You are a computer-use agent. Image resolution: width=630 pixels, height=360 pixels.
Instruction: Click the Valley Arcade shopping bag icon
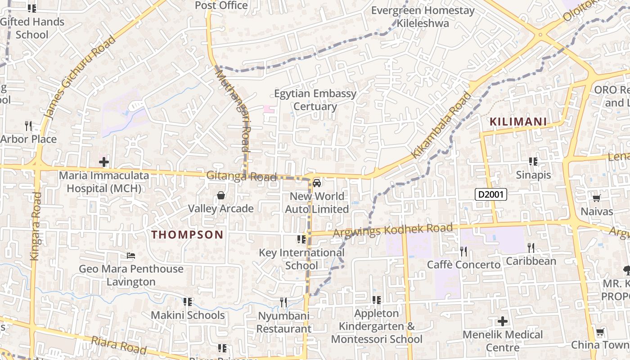(221, 195)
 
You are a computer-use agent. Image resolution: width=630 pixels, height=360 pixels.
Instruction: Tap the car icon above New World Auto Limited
(317, 183)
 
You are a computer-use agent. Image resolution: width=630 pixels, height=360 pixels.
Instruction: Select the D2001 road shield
(491, 194)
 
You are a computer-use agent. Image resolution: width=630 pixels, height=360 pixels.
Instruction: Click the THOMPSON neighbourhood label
(187, 234)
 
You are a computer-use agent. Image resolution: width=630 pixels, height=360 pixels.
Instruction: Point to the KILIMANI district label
(518, 121)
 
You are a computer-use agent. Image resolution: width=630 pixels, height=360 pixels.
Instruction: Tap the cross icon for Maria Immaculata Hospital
(104, 162)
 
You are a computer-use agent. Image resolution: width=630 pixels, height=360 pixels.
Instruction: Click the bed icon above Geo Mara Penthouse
(131, 256)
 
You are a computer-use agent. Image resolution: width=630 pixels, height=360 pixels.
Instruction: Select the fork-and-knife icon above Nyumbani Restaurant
(283, 302)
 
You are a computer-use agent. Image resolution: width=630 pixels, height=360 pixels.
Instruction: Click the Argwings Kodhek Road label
(392, 230)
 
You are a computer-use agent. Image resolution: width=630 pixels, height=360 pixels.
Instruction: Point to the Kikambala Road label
(442, 125)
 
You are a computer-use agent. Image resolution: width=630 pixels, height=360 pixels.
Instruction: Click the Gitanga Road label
(241, 176)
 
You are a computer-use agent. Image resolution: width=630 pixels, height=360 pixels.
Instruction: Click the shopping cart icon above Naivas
(597, 198)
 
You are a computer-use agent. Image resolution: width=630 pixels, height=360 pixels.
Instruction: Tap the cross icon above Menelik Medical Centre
(503, 321)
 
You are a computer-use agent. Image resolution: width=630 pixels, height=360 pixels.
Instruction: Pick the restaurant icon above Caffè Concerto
(463, 251)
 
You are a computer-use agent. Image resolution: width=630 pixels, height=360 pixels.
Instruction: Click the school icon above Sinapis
(533, 161)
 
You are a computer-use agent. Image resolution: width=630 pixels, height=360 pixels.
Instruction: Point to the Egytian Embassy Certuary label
(315, 100)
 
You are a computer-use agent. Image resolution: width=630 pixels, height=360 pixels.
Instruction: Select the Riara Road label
(119, 345)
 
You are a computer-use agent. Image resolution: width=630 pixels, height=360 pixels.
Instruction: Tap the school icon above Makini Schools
(188, 301)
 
